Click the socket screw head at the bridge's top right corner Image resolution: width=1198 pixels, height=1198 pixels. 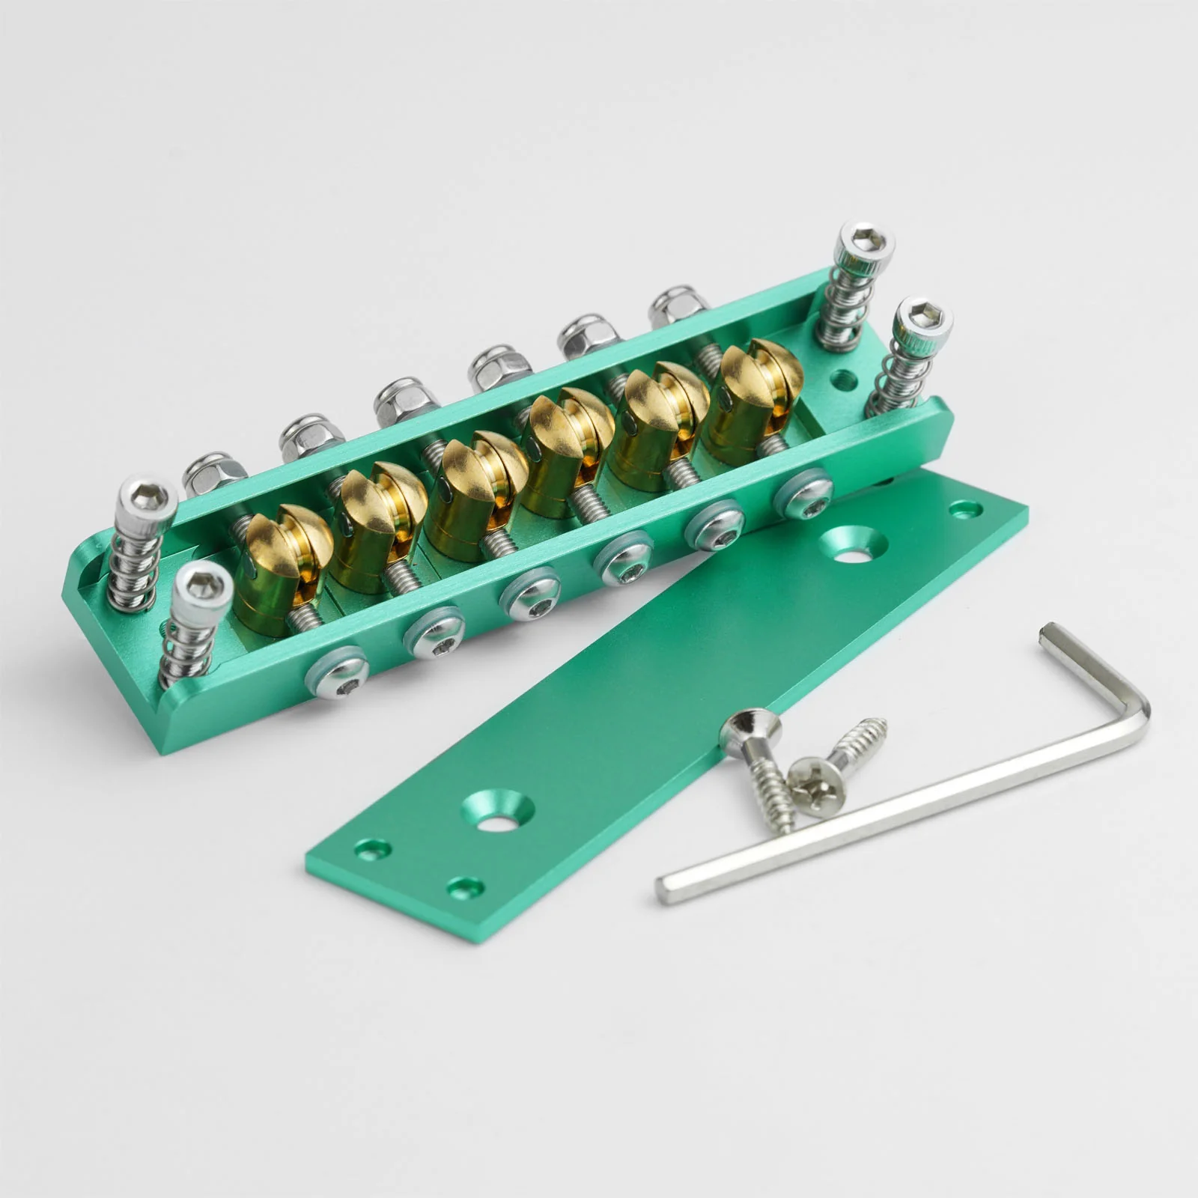[x=867, y=241]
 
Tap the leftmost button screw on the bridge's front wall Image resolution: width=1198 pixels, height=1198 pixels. [x=336, y=672]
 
